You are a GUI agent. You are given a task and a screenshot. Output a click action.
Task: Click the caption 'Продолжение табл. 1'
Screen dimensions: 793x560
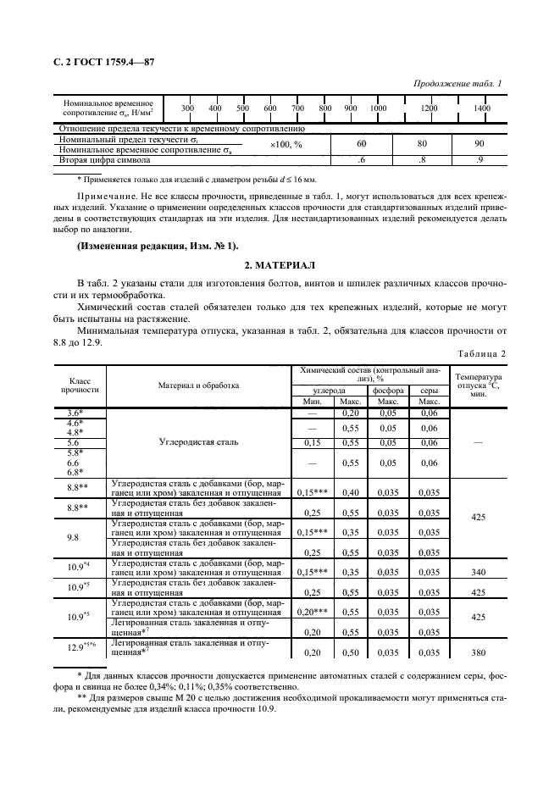point(457,83)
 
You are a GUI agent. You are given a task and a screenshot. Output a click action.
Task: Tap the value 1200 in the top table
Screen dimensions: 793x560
point(430,108)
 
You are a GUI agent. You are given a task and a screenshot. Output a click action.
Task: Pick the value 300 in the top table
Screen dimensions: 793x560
point(187,108)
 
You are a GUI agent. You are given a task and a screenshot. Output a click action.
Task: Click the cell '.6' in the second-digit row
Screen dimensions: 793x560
point(361,159)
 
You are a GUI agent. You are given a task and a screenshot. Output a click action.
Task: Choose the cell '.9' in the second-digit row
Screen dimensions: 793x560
point(480,159)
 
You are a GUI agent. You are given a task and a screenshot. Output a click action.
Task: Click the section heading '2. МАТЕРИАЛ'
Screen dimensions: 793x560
point(280,264)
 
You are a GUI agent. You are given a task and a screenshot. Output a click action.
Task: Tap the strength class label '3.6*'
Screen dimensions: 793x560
point(75,412)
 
